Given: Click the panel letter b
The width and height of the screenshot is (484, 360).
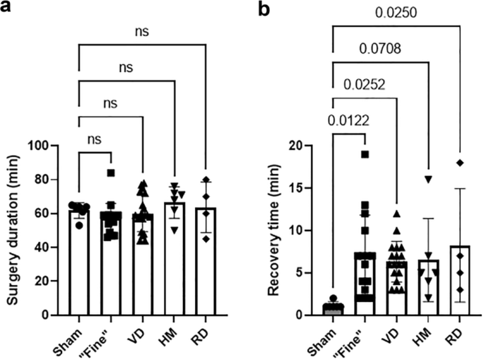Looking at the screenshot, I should [264, 10].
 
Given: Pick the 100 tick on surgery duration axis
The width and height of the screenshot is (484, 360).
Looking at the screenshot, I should [47, 146].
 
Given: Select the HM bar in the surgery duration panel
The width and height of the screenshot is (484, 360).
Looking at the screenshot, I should [175, 259].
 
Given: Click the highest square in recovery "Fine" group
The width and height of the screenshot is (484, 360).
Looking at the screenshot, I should [365, 154].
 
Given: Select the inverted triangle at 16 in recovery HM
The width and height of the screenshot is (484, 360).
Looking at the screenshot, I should [429, 180].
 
